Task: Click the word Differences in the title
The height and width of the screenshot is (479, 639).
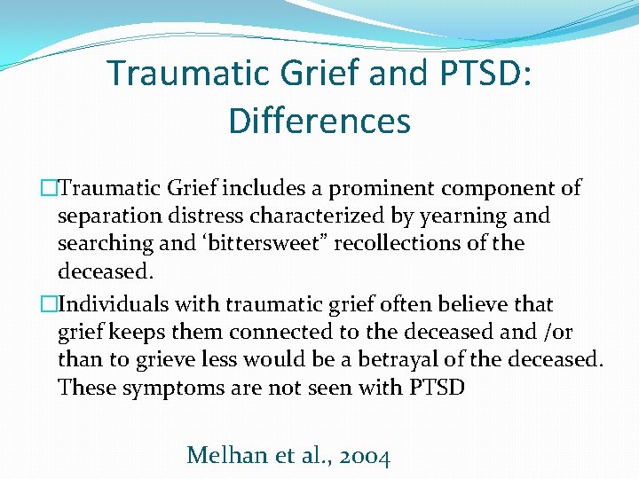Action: tap(319, 121)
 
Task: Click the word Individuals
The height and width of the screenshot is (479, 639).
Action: tap(116, 304)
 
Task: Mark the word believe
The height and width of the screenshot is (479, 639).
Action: tap(469, 304)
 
